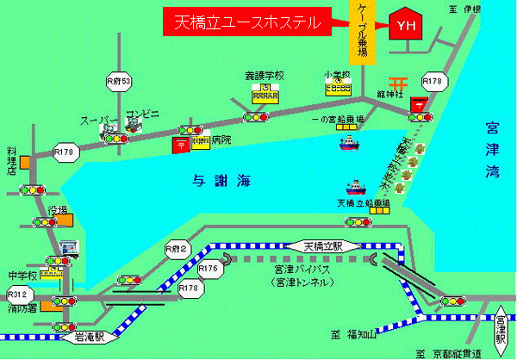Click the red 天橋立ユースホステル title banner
[247, 23]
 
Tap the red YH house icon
[404, 25]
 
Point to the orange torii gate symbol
[397, 83]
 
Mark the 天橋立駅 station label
[323, 246]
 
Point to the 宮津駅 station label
[501, 332]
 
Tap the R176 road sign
[209, 270]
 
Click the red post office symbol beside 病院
[183, 143]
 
